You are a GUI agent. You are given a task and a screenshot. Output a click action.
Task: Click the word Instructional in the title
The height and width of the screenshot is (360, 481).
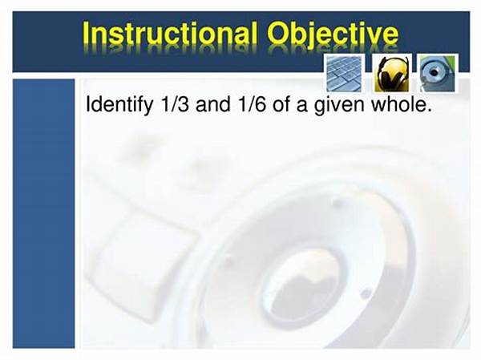pyautogui.click(x=170, y=33)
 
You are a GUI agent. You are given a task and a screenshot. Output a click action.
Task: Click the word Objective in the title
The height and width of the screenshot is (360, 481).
pyautogui.click(x=333, y=34)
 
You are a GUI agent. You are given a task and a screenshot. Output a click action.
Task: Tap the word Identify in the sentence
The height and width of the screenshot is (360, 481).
pyautogui.click(x=119, y=105)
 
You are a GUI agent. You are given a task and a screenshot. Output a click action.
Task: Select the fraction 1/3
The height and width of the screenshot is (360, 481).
pyautogui.click(x=174, y=104)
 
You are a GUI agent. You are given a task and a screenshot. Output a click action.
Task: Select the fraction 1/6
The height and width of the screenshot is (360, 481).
pyautogui.click(x=251, y=104)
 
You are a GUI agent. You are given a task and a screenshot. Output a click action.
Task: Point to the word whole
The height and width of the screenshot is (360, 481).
pyautogui.click(x=399, y=103)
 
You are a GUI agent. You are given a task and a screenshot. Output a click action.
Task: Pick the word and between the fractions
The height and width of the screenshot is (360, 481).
pyautogui.click(x=212, y=104)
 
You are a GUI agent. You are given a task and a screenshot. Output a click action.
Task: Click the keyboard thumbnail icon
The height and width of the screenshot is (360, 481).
pyautogui.click(x=344, y=73)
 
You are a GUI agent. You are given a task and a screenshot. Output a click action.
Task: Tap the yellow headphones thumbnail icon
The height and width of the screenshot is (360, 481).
pyautogui.click(x=392, y=73)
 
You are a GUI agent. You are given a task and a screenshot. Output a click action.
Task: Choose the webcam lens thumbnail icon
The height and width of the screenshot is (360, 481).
pyautogui.click(x=437, y=73)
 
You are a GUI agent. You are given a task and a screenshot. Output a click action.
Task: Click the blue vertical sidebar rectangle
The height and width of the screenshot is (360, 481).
pyautogui.click(x=43, y=213)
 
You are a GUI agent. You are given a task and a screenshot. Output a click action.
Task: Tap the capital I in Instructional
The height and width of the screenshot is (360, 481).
pyautogui.click(x=86, y=33)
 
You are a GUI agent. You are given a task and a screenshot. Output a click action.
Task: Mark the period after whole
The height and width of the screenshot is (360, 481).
pyautogui.click(x=430, y=111)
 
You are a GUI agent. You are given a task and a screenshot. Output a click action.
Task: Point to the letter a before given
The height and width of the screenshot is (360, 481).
pyautogui.click(x=301, y=106)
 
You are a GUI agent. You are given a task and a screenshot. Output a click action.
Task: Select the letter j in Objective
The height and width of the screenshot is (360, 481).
pyautogui.click(x=311, y=35)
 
